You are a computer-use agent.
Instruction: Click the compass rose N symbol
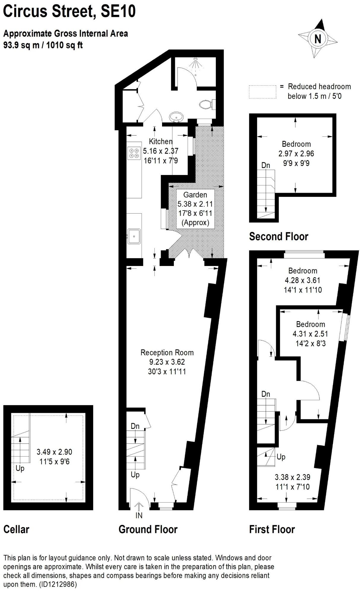point(318,39)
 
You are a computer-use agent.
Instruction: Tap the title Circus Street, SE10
point(69,11)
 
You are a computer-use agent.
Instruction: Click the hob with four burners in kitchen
point(134,153)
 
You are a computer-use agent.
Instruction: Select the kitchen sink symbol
point(134,236)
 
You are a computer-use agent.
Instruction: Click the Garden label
point(195,195)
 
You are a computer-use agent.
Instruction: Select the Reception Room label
point(167,353)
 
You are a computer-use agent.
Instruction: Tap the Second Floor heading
point(278,236)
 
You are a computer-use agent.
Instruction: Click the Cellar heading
point(16,529)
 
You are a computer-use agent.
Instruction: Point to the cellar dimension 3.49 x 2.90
point(54,452)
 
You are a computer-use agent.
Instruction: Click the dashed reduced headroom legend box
point(262,92)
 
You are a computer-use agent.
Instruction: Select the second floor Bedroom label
point(296,144)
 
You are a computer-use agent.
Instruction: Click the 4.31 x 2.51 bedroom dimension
point(310,334)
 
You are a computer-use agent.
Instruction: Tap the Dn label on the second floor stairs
point(266,165)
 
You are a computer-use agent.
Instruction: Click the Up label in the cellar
point(20,469)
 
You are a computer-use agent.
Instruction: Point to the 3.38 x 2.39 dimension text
point(292,477)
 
